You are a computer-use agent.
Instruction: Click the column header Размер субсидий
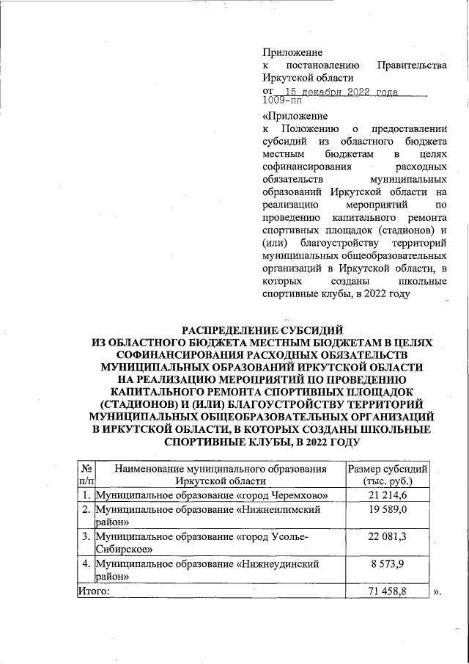tap(388, 469)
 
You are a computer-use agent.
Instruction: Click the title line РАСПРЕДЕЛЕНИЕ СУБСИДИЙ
tap(262, 329)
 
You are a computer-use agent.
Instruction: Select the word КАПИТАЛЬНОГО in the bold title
tap(180, 392)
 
